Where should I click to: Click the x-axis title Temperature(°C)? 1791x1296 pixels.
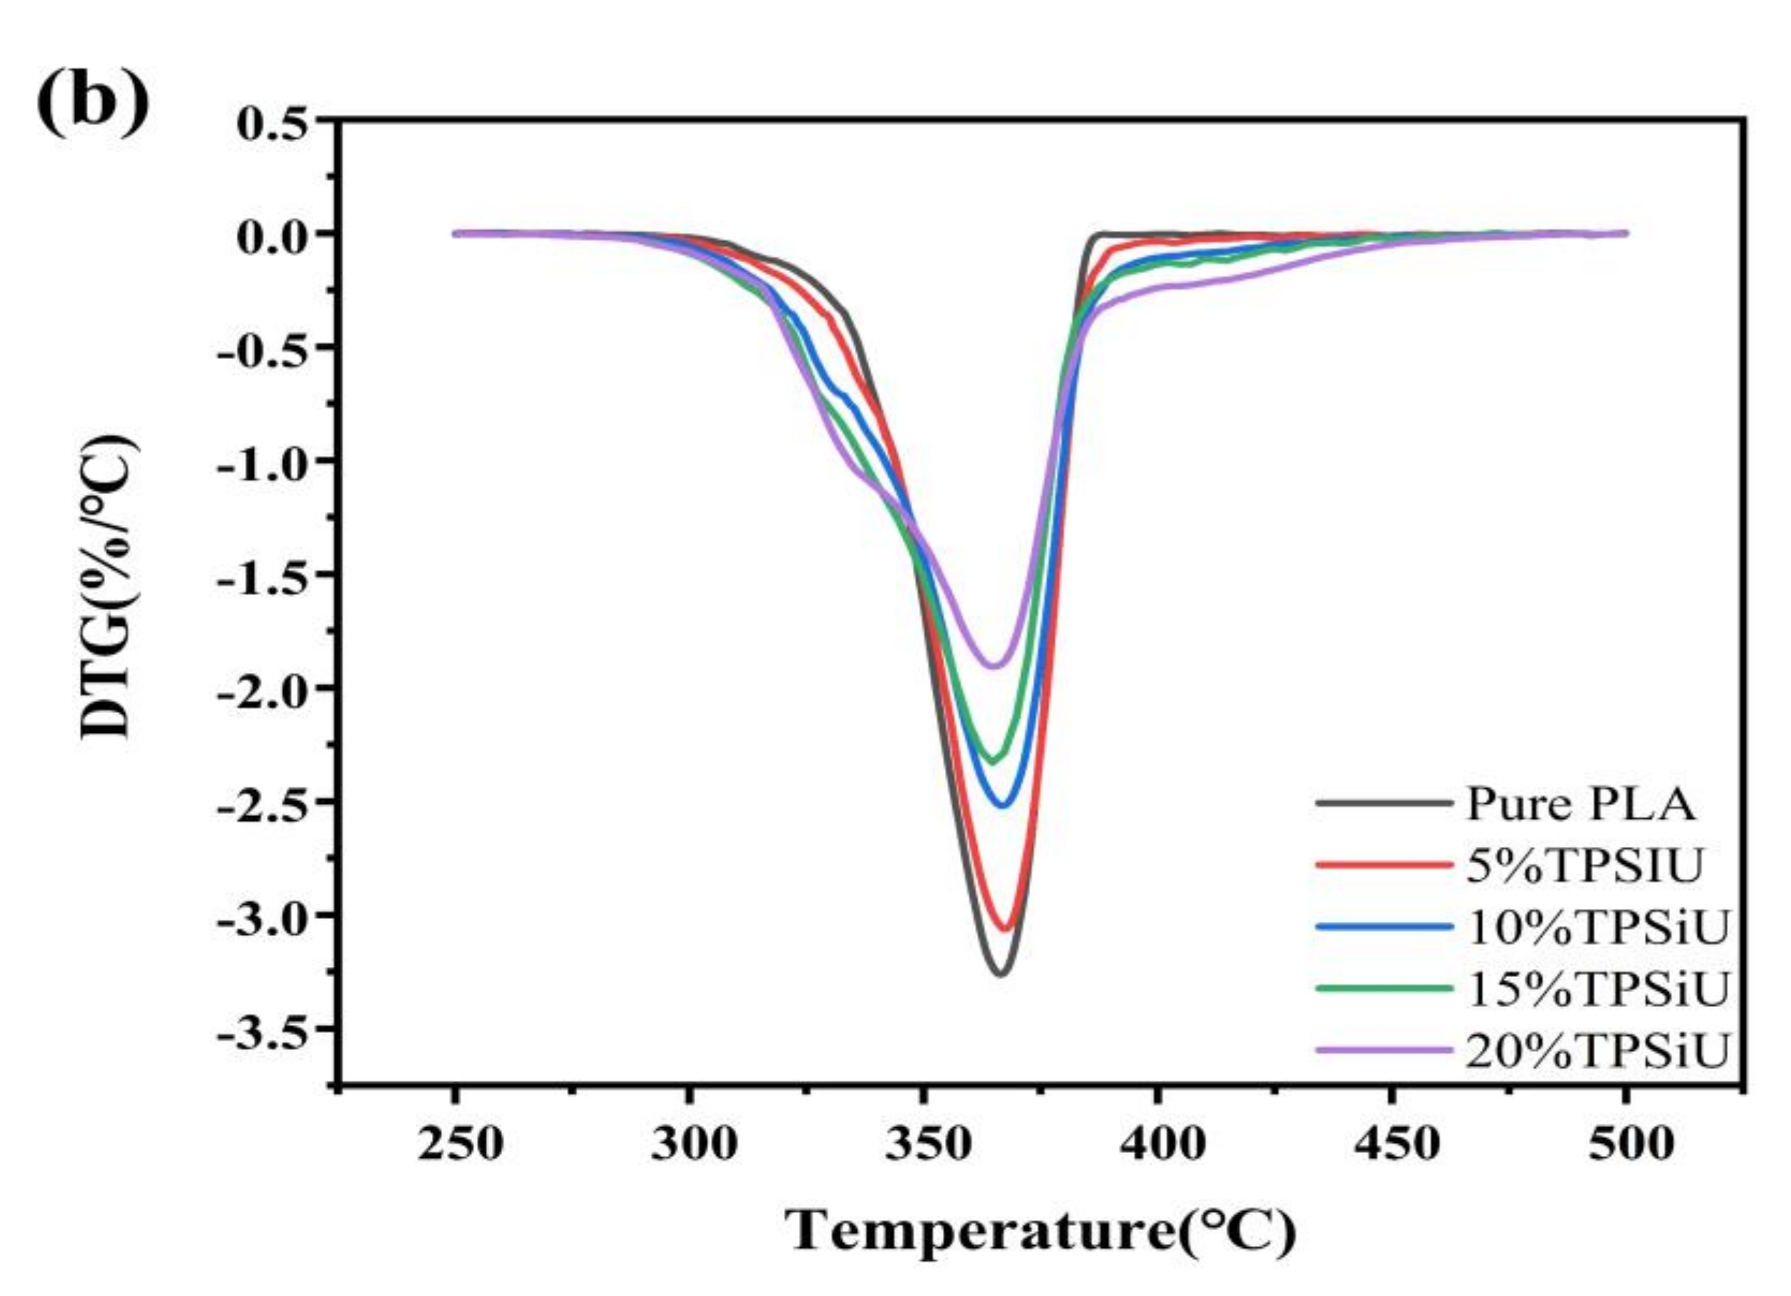click(x=1040, y=1229)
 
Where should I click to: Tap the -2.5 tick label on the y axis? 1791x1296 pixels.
click(x=260, y=802)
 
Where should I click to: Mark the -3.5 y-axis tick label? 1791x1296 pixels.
click(x=260, y=1029)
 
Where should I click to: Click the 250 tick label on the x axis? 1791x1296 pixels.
click(x=460, y=1143)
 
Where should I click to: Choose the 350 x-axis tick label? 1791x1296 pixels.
click(x=927, y=1143)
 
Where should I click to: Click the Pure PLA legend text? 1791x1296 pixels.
click(x=1580, y=804)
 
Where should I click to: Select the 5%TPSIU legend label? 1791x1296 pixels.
click(x=1584, y=865)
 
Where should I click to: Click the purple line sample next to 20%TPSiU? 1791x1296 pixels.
click(x=1383, y=1051)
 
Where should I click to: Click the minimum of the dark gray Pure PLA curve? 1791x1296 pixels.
click(x=1001, y=973)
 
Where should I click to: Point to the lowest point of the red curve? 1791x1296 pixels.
click(x=1004, y=929)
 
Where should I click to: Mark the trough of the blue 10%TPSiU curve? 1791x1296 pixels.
click(x=1003, y=806)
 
